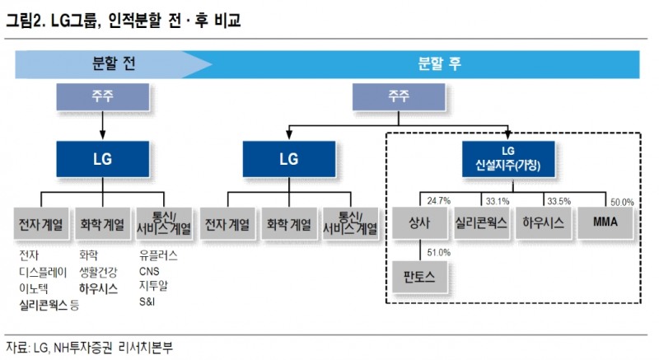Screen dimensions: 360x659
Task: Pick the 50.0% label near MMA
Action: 621,201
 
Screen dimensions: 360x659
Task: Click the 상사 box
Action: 418,222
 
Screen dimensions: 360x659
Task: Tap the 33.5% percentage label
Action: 558,200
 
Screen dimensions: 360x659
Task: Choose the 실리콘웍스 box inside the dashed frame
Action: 482,222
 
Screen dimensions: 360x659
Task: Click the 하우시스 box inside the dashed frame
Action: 544,222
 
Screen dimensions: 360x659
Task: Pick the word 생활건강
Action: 98,271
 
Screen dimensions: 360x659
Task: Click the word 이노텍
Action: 35,288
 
